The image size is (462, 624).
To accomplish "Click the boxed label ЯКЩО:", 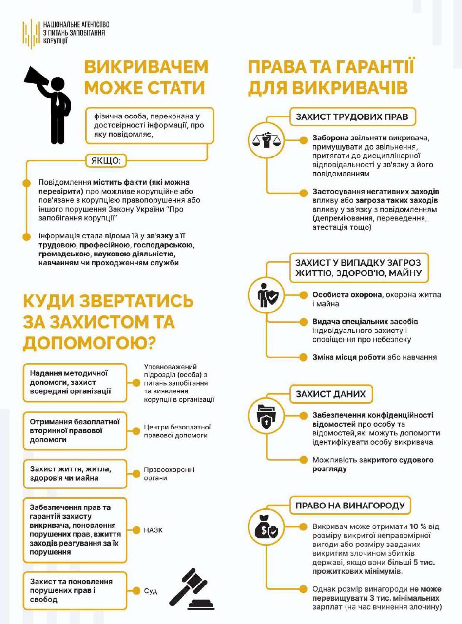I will click(106, 160).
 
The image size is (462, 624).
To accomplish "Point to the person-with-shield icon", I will click(267, 294).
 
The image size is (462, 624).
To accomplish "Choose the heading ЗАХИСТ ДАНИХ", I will click(330, 394).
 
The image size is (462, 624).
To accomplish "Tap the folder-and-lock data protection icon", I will click(267, 415).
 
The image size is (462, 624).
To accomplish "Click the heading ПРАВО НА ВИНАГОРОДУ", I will click(350, 506).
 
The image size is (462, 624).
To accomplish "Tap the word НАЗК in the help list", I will click(153, 530).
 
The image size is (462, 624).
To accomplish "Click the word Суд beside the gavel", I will click(150, 591).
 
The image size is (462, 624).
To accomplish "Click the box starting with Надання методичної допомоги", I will click(75, 382).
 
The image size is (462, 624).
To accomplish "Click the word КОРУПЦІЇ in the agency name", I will click(56, 41).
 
